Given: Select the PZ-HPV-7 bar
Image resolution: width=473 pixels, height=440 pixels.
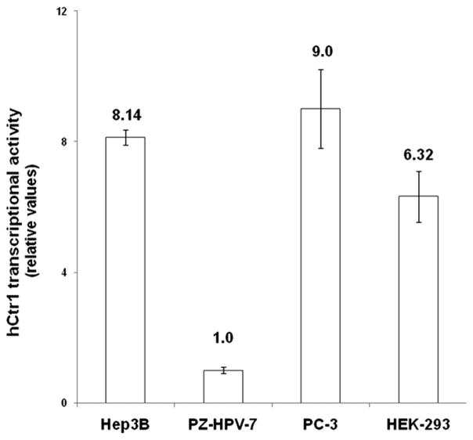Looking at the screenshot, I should (223, 387).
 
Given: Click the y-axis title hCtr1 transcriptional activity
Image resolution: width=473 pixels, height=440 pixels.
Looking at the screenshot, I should (14, 204).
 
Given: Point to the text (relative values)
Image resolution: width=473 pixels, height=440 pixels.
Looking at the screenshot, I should (34, 204).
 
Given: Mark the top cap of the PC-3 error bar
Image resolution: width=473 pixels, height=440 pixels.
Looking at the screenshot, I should (320, 70).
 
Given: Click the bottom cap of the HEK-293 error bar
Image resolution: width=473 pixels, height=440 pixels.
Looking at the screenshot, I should (418, 222).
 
